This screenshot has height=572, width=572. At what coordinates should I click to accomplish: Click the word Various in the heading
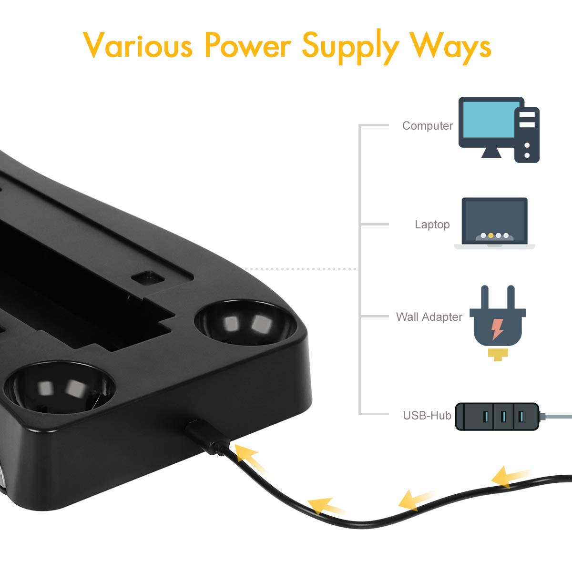138,44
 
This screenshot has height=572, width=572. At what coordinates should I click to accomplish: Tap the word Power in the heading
247,44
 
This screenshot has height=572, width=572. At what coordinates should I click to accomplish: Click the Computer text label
428,125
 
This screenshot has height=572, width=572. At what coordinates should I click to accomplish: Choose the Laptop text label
432,225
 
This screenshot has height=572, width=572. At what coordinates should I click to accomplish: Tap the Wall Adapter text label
429,317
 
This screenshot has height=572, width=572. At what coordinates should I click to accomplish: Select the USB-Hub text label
427,415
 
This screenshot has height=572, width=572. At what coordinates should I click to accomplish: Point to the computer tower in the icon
527,135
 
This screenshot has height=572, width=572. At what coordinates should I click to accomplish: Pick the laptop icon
494,223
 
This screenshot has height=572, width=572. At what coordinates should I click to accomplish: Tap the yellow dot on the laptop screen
490,235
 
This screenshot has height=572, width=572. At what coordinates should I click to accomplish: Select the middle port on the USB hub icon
503,417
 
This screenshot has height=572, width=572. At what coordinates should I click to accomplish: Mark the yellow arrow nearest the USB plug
249,459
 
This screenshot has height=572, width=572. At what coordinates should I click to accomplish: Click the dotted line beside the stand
300,269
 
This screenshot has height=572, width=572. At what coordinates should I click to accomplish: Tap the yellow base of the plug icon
498,355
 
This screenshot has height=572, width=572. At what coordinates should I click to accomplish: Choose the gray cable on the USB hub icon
555,416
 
